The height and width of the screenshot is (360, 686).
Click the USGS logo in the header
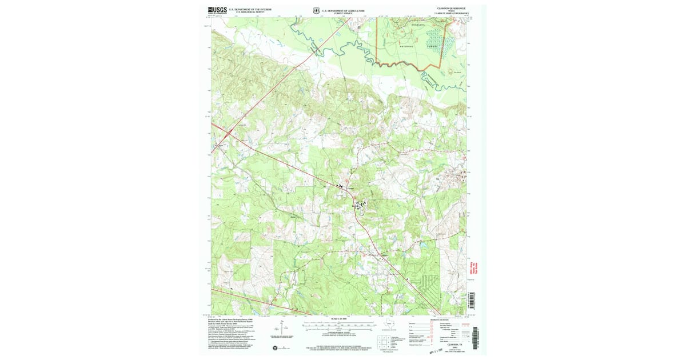(x=217, y=10)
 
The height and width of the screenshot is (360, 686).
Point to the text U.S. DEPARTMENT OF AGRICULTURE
(x=342, y=9)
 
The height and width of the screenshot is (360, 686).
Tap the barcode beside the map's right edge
(x=472, y=300)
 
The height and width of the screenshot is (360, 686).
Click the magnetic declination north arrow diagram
(x=282, y=329)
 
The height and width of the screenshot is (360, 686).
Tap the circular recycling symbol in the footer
(x=274, y=348)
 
